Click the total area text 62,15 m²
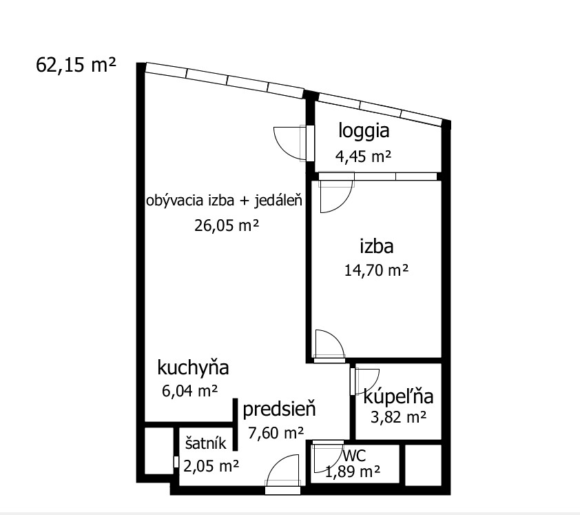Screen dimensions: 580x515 pos(76,65)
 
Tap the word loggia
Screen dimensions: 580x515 pos(364,132)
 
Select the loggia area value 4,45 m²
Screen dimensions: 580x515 pos(363,156)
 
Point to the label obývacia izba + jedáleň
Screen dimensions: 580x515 pos(224,201)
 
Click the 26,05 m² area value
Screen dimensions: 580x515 pos(227,225)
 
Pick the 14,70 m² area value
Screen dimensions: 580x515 pos(377,270)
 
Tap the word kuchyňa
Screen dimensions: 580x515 pos(193,367)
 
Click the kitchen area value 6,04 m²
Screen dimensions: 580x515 pos(189,391)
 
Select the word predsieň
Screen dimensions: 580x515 pos(279,410)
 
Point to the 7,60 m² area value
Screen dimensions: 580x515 pos(276,432)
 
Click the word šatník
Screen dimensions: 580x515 pos(206,443)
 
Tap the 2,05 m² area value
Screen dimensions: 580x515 pos(211,466)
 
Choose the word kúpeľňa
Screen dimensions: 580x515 pos(398,396)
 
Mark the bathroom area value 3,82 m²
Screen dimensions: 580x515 pos(398,417)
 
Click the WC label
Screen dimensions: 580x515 pos(354,456)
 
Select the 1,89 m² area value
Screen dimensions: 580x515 pos(353,472)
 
